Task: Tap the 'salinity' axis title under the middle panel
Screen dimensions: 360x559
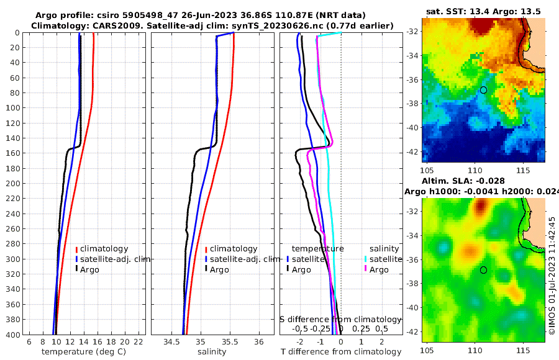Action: (211, 352)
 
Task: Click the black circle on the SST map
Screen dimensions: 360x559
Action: (483, 90)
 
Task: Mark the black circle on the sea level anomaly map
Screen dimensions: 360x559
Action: (483, 270)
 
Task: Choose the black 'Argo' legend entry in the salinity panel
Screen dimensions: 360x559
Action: (219, 269)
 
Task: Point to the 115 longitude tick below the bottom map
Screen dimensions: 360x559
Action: (522, 349)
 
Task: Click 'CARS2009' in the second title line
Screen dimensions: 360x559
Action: (100, 25)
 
